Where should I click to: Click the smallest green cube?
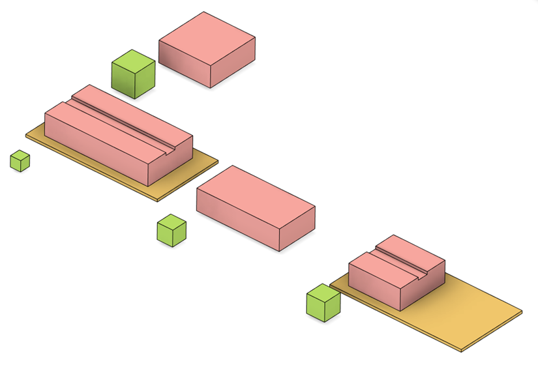coord(20,161)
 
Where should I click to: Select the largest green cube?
coord(134,74)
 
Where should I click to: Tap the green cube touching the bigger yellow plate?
coord(323,303)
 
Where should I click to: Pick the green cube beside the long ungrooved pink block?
coord(172,231)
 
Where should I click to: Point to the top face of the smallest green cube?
coord(20,156)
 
